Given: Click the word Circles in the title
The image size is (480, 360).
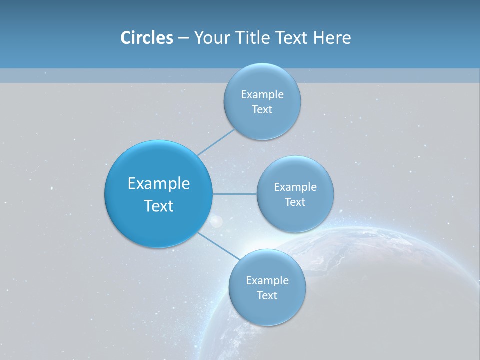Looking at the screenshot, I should (146, 38).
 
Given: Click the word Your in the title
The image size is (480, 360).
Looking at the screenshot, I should (211, 38).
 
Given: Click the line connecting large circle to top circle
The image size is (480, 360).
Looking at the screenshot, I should (216, 142).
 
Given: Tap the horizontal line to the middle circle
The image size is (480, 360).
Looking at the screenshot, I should (234, 194).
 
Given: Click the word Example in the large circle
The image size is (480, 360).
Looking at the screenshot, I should (159, 184).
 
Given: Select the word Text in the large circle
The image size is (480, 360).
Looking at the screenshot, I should (159, 206).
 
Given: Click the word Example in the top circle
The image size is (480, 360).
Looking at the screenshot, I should (262, 95).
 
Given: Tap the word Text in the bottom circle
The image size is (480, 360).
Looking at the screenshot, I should (267, 296).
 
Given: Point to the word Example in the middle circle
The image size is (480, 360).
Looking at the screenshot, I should (295, 187).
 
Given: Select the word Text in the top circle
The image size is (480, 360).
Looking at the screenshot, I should (262, 110).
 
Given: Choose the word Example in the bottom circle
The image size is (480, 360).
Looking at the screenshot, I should (267, 281).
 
